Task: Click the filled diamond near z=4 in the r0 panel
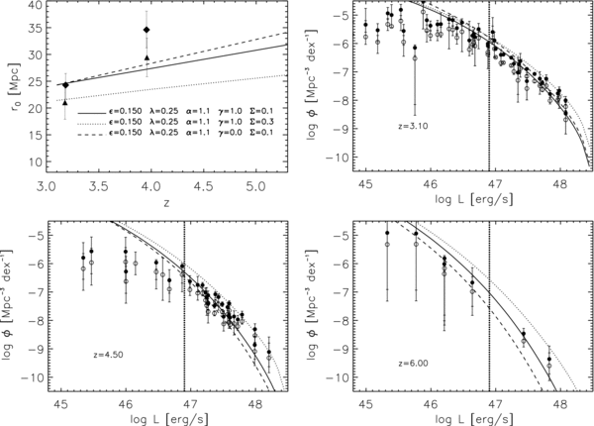point(147,31)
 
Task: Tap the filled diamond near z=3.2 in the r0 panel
point(65,85)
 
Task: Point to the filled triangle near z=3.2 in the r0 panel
point(65,102)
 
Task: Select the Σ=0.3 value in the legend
point(256,123)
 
